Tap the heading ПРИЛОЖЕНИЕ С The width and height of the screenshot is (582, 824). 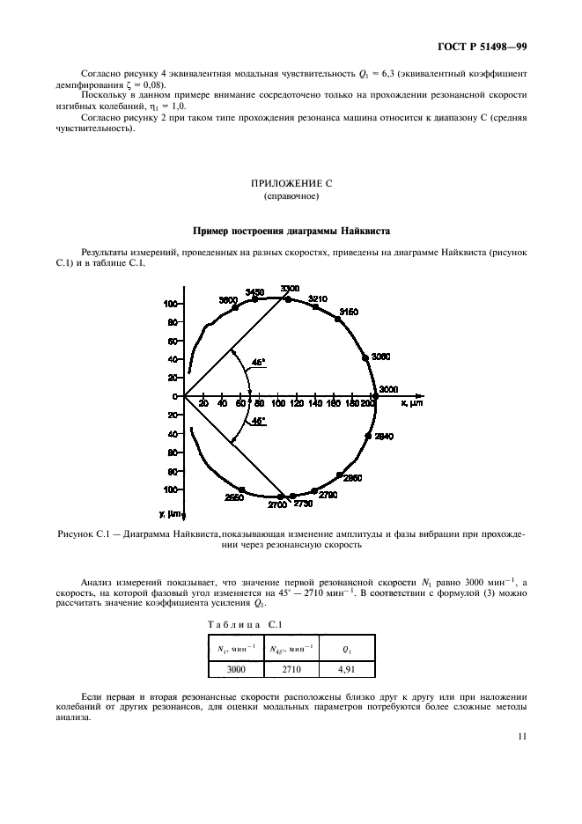pos(291,185)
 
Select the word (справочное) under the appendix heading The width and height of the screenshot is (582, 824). pos(291,197)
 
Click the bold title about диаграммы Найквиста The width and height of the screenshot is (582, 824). pos(291,232)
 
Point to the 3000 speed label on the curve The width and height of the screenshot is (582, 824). pos(388,389)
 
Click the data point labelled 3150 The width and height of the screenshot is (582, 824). pos(337,319)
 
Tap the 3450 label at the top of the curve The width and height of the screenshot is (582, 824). pos(254,291)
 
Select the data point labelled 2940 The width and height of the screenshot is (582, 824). pos(368,437)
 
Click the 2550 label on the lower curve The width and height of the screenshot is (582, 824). pos(233,497)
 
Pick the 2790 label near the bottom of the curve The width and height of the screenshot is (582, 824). pos(328,497)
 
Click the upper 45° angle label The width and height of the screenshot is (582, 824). pos(256,361)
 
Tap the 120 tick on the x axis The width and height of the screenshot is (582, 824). pos(297,403)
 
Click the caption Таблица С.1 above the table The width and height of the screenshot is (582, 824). pos(238,625)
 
